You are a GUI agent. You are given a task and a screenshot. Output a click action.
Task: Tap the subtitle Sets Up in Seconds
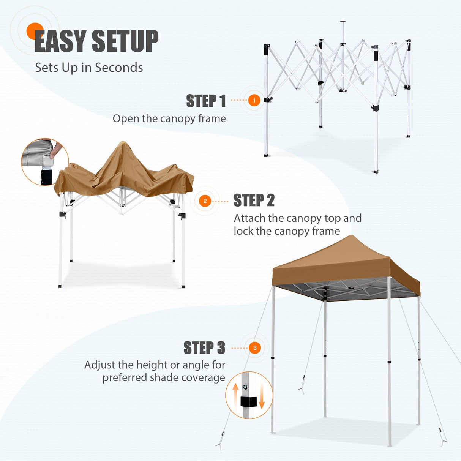coord(89,68)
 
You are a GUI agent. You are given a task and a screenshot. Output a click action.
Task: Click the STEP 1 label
coord(206,101)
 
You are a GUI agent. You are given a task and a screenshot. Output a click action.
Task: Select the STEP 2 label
coord(254,201)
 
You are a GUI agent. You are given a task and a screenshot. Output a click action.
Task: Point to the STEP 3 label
coord(204,348)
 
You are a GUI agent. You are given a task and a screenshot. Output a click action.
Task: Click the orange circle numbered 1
coord(254,101)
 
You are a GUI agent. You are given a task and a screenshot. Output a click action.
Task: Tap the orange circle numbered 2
coord(205,201)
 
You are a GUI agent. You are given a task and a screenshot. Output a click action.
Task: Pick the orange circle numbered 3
coord(255,348)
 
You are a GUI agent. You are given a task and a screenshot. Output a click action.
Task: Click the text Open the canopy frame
coord(169,118)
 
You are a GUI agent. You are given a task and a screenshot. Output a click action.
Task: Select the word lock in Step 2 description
coord(243,231)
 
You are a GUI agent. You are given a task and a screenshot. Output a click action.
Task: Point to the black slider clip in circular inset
coord(248,402)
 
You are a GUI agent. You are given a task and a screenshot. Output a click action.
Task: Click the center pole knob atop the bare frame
coord(343,22)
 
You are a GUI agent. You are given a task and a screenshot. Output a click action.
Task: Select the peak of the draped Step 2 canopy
coord(122,143)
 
